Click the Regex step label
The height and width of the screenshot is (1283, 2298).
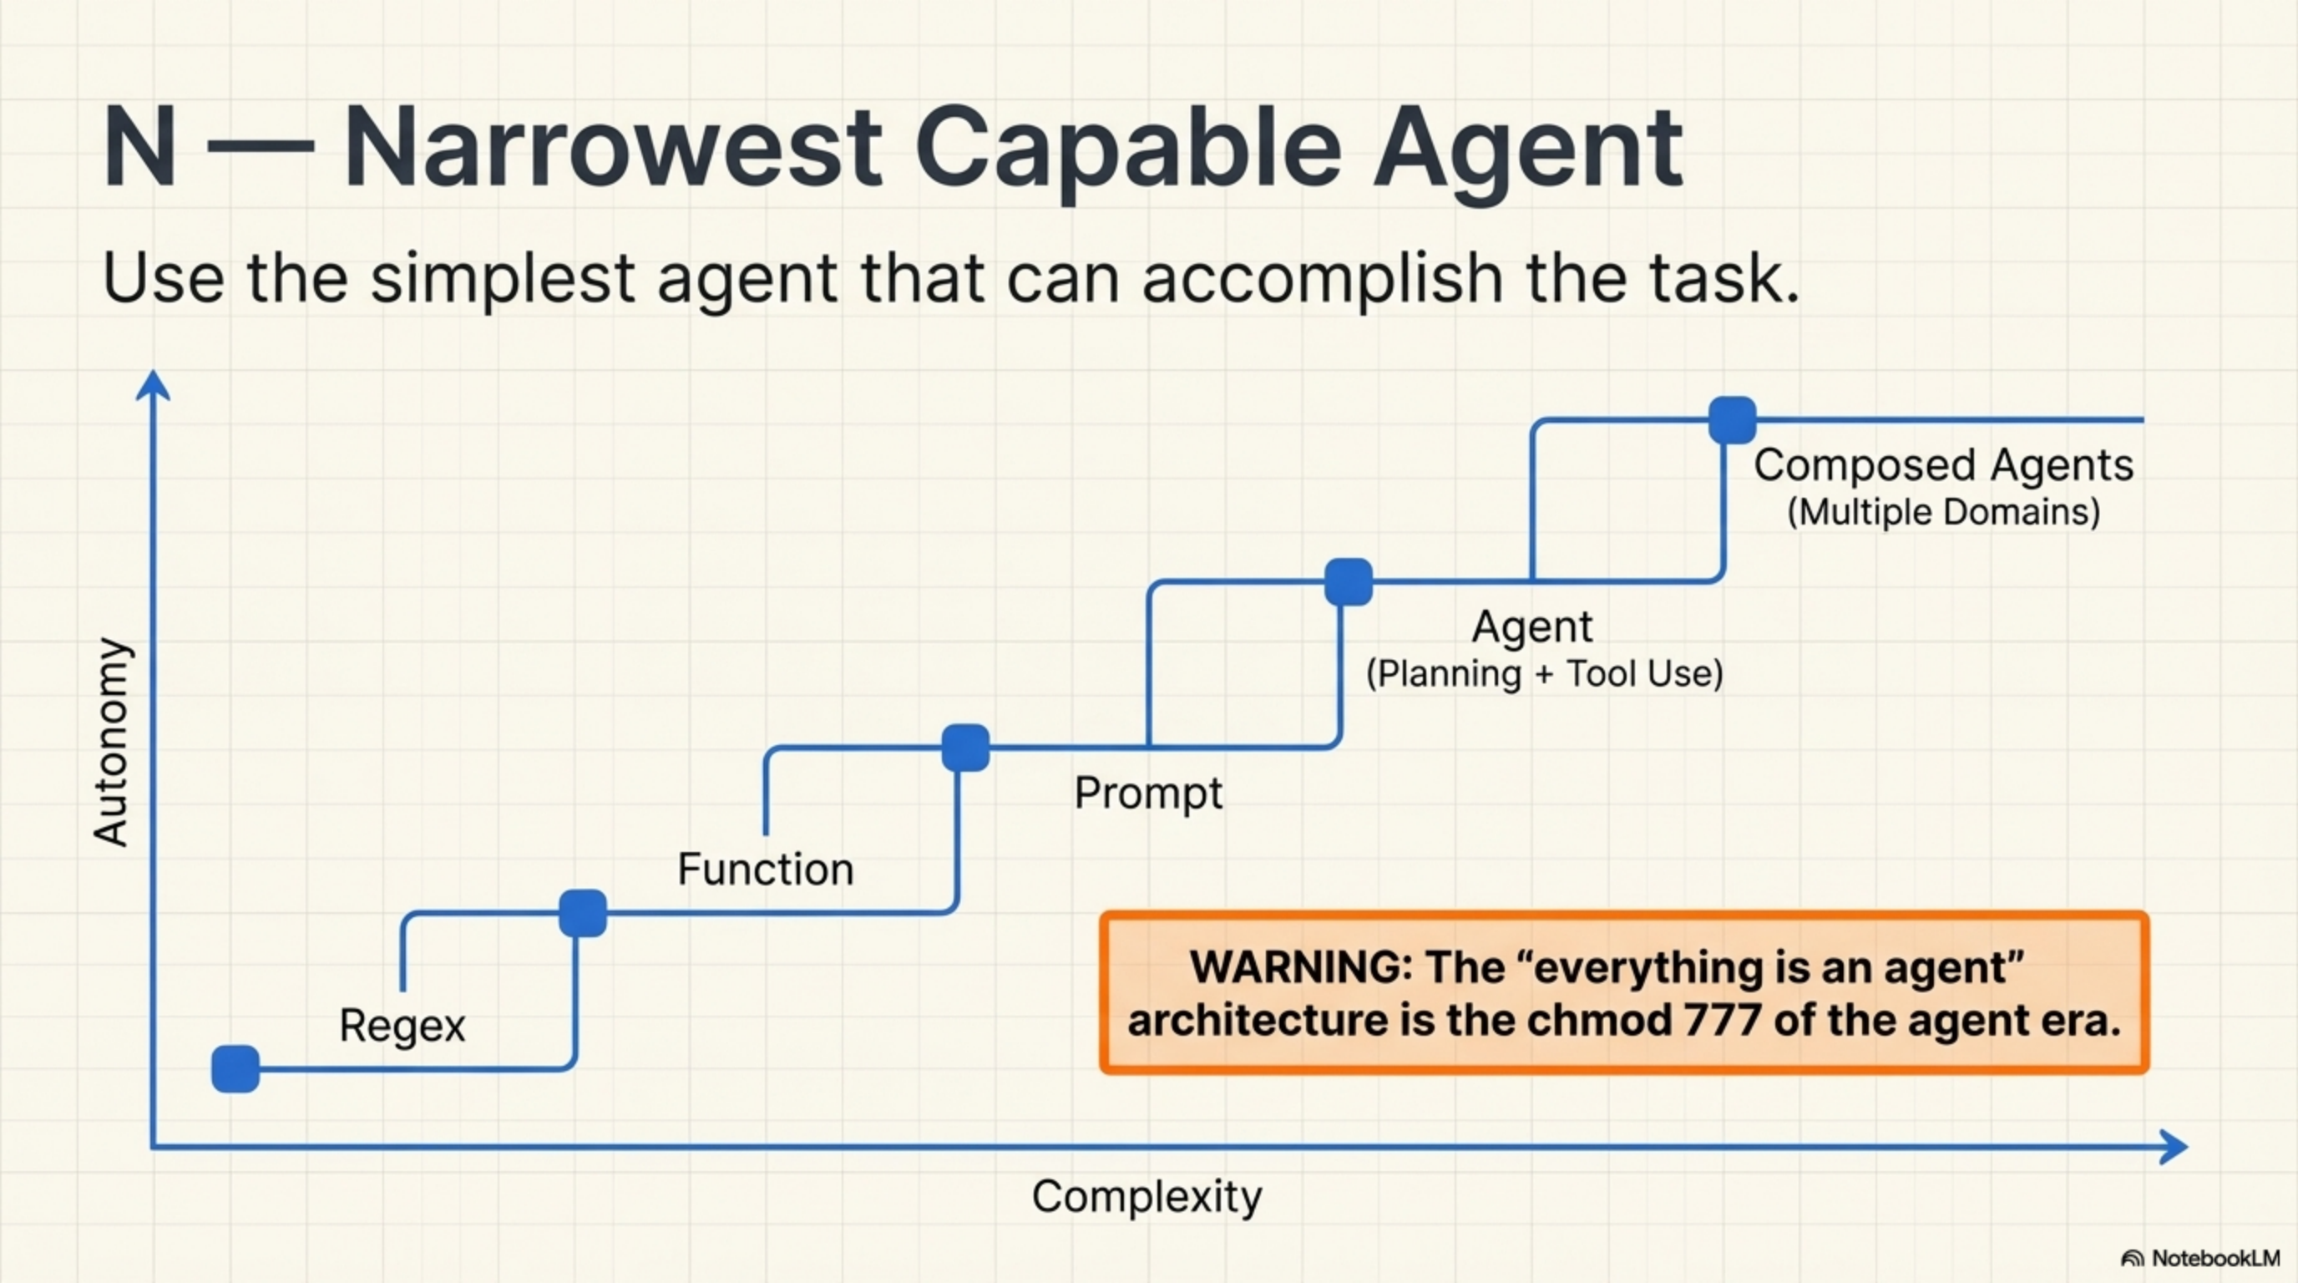(402, 1025)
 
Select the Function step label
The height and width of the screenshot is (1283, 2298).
(766, 869)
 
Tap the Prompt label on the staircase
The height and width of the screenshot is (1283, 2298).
(1148, 793)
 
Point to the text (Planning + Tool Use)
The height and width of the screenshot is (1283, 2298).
(1544, 673)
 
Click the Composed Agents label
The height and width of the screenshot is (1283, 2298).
(1943, 466)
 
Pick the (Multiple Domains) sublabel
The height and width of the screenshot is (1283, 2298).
(1943, 513)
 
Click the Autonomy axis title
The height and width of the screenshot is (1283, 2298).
(113, 743)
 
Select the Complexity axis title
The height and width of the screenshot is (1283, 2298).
(1146, 1196)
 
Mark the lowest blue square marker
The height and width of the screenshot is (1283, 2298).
(235, 1069)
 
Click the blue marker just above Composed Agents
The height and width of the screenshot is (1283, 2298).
(1733, 420)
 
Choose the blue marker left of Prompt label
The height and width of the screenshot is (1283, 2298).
(965, 748)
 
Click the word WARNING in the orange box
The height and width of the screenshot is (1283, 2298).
(1301, 967)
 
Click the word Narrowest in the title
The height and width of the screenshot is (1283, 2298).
(613, 147)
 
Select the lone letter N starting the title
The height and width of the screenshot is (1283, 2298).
(139, 147)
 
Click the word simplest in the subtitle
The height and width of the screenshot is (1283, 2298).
(504, 278)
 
